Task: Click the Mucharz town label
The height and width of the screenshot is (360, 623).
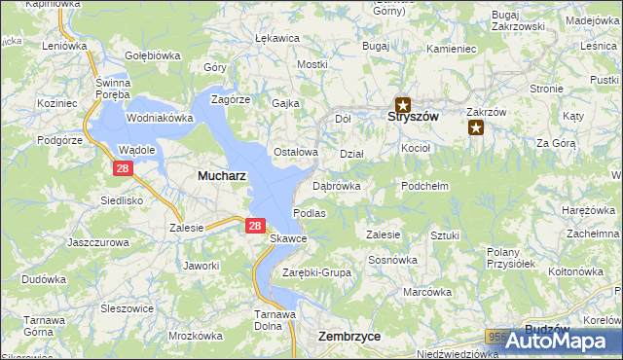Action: [x=221, y=176]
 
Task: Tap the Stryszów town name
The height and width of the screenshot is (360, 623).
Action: [x=403, y=117]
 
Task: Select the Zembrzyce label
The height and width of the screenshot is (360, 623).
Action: [x=349, y=336]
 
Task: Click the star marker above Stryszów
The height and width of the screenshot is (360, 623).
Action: [x=402, y=101]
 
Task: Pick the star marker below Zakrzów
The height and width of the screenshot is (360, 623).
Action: [x=476, y=126]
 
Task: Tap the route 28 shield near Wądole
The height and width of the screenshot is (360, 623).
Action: [x=122, y=168]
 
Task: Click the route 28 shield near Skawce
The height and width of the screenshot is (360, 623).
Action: [x=254, y=226]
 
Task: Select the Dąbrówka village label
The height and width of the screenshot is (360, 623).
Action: [x=337, y=185]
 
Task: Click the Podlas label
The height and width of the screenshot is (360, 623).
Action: [x=309, y=212]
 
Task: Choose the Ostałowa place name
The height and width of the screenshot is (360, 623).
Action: [x=296, y=152]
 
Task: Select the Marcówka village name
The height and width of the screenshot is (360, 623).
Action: [x=428, y=292]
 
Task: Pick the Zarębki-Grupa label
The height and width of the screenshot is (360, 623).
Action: [x=316, y=272]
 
